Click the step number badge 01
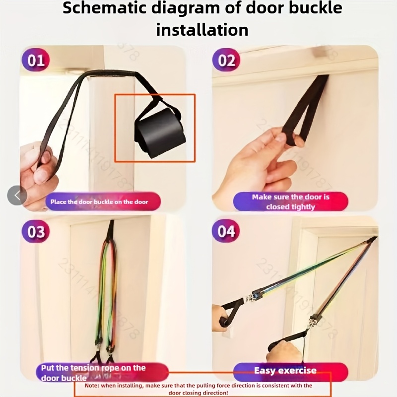pos(36,60)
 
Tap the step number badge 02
pos(226,60)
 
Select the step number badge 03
pos(36,231)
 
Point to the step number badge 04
pos(226,231)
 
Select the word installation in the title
pos(202,30)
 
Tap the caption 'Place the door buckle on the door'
pos(99,202)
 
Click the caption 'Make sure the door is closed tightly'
pos(291,202)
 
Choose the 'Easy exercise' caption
pos(285,370)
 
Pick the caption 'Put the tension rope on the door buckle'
pos(93,373)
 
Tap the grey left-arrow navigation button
pos(17,195)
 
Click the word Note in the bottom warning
pos(92,386)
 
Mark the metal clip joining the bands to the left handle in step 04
pos(252,297)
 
